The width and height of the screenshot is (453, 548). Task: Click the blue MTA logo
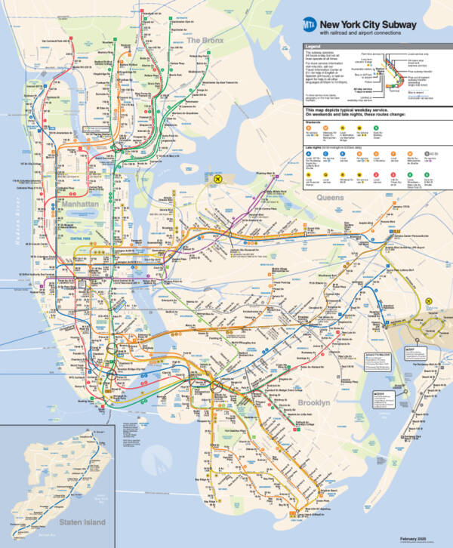point(308,26)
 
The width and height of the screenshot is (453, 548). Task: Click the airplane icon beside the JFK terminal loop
point(428,300)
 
